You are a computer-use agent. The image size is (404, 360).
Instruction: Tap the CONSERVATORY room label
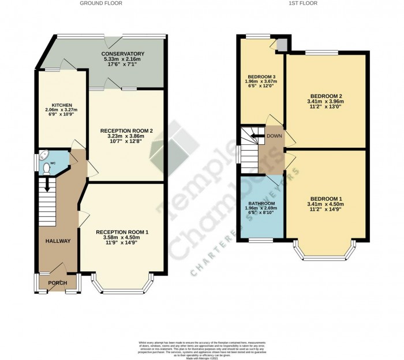pyautogui.click(x=124, y=54)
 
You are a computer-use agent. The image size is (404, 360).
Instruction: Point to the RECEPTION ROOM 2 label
pyautogui.click(x=126, y=131)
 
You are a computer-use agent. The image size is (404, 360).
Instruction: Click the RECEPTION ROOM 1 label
pyautogui.click(x=122, y=232)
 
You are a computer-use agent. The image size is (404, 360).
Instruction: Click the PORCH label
pyautogui.click(x=57, y=283)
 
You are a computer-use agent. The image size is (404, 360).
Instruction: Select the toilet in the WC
pyautogui.click(x=47, y=167)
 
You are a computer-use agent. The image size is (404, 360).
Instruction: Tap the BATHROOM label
pyautogui.click(x=261, y=204)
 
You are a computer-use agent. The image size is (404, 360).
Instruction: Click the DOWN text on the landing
pyautogui.click(x=274, y=136)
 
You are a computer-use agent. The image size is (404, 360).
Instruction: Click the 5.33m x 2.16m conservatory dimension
pyautogui.click(x=124, y=59)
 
